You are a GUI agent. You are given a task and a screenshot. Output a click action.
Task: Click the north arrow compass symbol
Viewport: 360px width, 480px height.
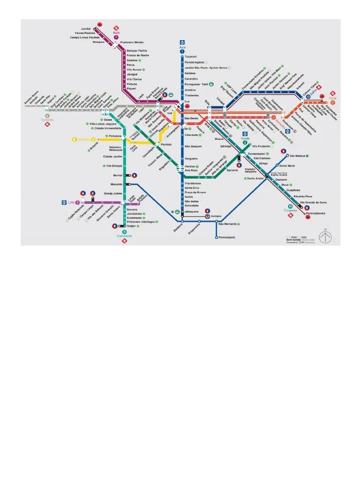pos(325,237)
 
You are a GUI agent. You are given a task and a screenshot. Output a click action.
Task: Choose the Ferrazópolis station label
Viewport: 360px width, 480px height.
pos(227,237)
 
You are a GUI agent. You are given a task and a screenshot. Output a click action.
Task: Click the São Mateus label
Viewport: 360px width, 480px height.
pos(298,156)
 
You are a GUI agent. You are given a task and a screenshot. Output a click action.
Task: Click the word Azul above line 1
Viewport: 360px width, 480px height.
pos(182,47)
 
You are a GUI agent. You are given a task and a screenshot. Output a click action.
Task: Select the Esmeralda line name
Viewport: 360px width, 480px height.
pos(124,236)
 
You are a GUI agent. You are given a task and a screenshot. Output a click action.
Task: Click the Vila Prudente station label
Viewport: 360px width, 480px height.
pos(262,147)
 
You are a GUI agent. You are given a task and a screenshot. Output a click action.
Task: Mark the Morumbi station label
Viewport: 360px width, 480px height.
pos(116,184)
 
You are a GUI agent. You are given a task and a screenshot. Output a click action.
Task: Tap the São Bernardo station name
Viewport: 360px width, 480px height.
pos(227,224)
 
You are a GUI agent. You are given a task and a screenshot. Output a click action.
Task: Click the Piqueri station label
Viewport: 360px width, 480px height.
pos(131,88)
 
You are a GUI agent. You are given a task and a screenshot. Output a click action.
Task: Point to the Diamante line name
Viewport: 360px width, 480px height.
pos(47,120)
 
